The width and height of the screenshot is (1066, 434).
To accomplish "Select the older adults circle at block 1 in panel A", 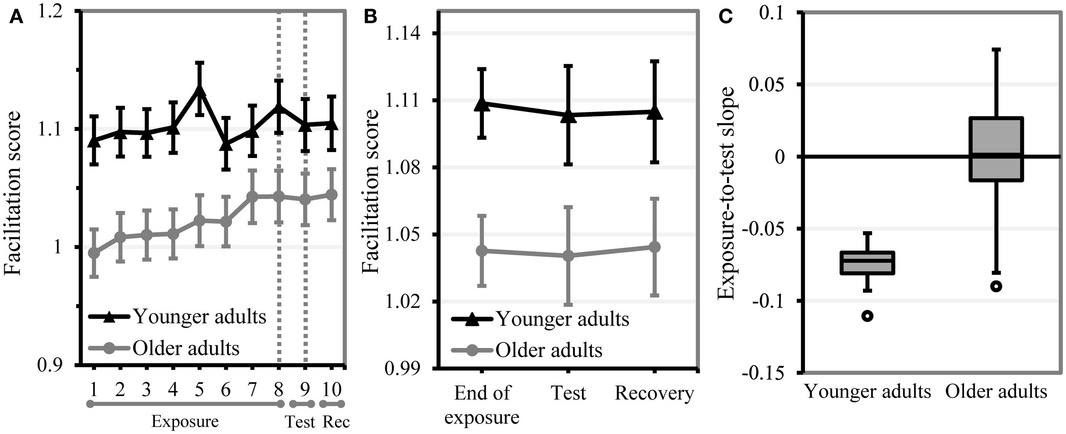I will (94, 253).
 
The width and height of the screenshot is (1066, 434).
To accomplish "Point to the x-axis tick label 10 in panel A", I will (332, 389).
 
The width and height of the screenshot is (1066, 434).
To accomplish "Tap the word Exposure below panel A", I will (185, 422).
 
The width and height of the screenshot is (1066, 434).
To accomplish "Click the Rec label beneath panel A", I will (336, 422).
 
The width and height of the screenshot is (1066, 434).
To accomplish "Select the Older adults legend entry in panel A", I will (186, 348).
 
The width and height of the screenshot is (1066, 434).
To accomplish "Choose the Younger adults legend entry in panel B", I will (562, 319).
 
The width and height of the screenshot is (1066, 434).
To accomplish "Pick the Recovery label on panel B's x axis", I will (654, 393).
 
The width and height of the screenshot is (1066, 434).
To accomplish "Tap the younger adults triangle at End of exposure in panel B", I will (482, 103).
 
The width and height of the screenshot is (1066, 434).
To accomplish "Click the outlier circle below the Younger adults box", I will (867, 316).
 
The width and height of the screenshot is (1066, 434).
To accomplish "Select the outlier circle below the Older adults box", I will (996, 286).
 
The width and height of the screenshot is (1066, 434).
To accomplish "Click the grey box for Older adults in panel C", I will (996, 149).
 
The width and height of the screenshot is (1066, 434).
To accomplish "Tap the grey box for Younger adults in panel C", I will (867, 263).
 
